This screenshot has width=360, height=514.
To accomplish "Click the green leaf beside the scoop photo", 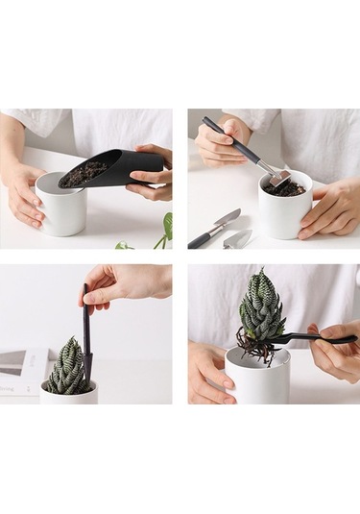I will (165, 229).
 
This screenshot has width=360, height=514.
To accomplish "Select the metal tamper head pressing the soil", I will (278, 178).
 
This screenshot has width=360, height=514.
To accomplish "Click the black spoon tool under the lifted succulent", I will (312, 338).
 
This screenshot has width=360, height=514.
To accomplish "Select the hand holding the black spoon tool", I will (336, 351).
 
